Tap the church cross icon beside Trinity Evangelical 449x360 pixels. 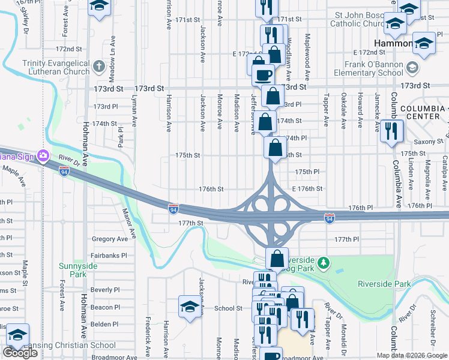point(100,64)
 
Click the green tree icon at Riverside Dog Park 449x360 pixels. point(324,262)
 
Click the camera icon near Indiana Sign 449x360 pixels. point(43,157)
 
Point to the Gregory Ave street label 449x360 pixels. point(110,239)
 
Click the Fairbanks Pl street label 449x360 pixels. point(109,256)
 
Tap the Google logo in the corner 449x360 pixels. point(20,353)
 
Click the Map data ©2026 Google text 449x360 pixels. point(411,355)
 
